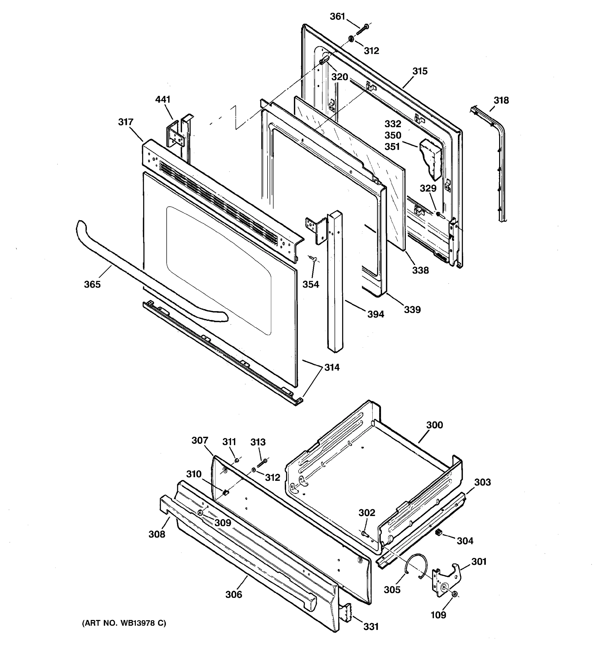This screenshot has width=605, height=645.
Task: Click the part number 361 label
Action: [x=337, y=16]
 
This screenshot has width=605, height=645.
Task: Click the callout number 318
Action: [x=501, y=100]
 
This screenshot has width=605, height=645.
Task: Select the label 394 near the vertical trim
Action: [x=376, y=314]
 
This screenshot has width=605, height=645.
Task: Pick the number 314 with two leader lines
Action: [x=332, y=367]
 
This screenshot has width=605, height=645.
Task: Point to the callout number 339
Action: [x=412, y=310]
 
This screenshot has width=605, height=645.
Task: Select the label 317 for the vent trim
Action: [x=126, y=122]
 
